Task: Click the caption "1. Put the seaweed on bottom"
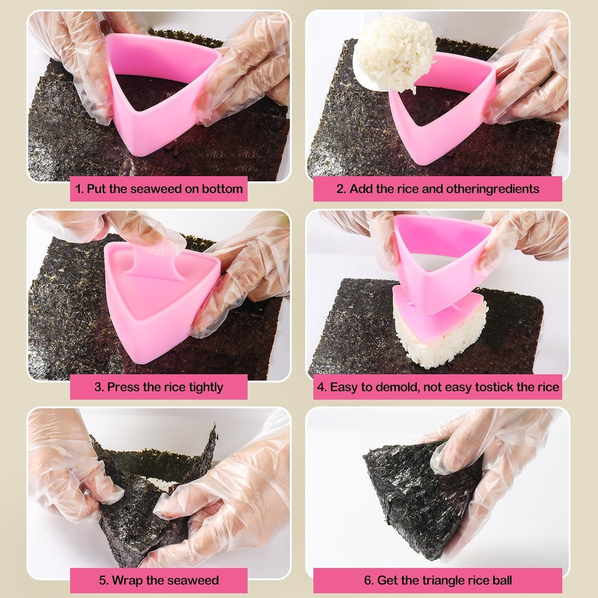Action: pyautogui.click(x=159, y=189)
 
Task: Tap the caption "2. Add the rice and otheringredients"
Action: pyautogui.click(x=437, y=189)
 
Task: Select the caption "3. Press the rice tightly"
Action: pyautogui.click(x=159, y=387)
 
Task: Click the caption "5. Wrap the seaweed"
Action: pyautogui.click(x=159, y=580)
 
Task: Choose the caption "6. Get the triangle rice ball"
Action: pyautogui.click(x=437, y=580)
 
